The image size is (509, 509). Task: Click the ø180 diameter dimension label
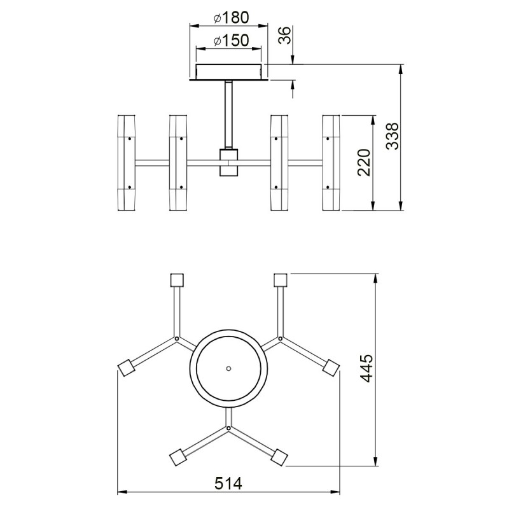pos(231,18)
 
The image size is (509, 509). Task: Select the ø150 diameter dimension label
pos(231,40)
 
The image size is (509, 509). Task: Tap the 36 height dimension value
pos(285,36)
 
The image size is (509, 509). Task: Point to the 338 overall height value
pos(392,136)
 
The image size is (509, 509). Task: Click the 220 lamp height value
pos(364,162)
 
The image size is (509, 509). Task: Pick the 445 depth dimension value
pos(367,368)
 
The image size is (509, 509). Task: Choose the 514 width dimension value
pos(228,484)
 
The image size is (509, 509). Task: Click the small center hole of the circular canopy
pos(228,368)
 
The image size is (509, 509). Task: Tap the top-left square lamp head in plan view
pos(177,280)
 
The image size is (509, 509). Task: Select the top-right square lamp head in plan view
pos(281,280)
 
